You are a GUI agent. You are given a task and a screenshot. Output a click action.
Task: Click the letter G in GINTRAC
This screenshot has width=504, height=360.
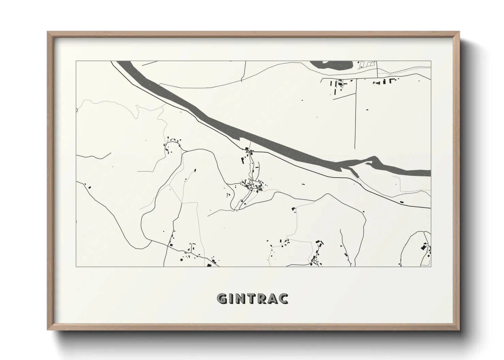tap(222, 298)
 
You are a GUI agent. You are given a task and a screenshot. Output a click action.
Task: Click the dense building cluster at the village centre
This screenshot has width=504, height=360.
tap(254, 185)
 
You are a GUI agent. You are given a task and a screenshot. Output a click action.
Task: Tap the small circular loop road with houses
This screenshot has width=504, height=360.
tap(172, 146)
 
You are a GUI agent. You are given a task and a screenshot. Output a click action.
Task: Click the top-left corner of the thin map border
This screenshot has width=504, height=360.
tap(76, 61)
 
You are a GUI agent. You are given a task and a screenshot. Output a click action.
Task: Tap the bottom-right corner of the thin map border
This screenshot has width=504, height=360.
tap(431, 266)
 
